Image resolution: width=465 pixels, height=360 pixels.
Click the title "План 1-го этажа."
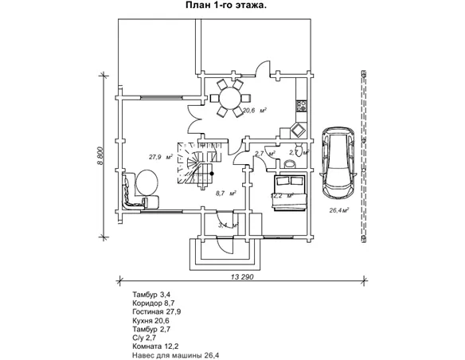pos(225,6)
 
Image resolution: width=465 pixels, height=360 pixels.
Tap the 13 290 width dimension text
pos(242,277)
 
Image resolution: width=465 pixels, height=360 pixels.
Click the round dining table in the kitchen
pos(230,98)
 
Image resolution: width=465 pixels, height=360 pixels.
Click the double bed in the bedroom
pos(290,193)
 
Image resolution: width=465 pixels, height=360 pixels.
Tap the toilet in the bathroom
pos(299,149)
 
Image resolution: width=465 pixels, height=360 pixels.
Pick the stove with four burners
pos(302,106)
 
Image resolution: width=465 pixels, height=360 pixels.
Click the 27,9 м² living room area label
pos(161,157)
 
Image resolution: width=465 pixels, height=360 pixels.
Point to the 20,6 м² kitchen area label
pos(255,111)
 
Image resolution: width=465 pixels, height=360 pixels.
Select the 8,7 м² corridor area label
pos(226,194)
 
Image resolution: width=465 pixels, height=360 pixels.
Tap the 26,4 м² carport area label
pos(338,210)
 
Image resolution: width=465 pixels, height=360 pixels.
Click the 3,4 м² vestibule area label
pos(229,225)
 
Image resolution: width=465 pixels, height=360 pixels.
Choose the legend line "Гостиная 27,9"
pos(157,311)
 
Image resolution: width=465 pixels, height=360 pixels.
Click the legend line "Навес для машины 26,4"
pos(176,355)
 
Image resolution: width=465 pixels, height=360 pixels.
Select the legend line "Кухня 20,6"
pos(151,320)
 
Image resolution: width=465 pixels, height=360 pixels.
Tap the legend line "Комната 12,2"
pos(156,346)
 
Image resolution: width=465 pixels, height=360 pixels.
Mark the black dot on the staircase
pos(212,174)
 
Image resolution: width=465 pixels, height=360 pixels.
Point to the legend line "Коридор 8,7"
pos(154,303)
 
